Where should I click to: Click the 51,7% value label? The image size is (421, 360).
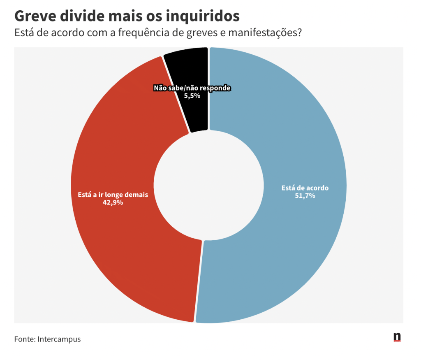(x=305, y=196)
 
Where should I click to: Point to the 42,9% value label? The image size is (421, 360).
(x=113, y=202)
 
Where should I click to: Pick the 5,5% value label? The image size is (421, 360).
(x=192, y=95)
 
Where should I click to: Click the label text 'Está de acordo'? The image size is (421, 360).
(x=305, y=188)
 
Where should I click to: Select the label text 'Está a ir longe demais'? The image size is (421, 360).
(x=113, y=195)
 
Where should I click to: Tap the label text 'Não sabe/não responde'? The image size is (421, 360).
(x=192, y=88)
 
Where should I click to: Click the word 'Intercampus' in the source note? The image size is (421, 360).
(x=59, y=339)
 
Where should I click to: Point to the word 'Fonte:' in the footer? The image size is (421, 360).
(x=25, y=339)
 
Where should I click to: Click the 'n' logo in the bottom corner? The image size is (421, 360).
(x=397, y=337)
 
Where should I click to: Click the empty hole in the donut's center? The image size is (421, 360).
(x=208, y=185)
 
